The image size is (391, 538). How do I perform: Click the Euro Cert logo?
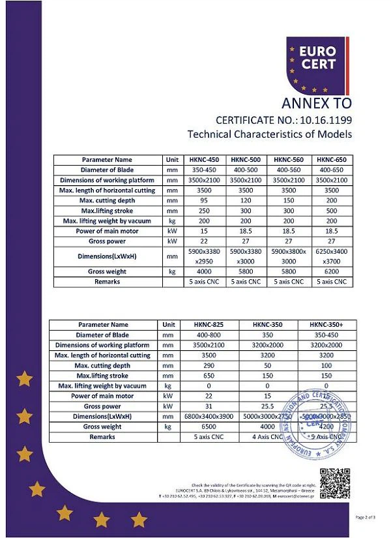coord(317,63)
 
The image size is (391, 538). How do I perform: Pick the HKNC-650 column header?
coord(332,160)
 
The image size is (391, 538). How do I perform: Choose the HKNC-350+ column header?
coord(326,325)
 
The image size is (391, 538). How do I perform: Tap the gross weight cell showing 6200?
coord(332,271)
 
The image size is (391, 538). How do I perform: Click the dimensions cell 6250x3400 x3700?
coord(332,256)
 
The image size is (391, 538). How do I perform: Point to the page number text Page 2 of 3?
coord(365,517)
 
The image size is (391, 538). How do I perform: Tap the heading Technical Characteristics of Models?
coord(269,134)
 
